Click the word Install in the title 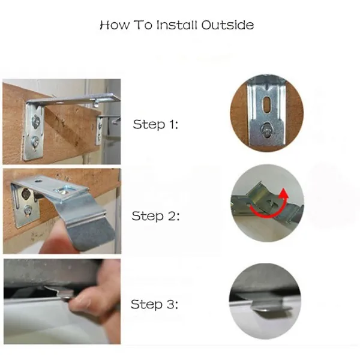176,25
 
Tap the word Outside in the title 227,25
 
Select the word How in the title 115,25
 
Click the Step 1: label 155,124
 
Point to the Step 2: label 155,216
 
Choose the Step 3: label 154,304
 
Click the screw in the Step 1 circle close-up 267,131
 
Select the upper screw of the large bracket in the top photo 36,121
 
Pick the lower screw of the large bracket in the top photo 35,141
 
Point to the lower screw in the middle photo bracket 28,209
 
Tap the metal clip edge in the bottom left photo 59,292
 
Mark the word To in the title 143,25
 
